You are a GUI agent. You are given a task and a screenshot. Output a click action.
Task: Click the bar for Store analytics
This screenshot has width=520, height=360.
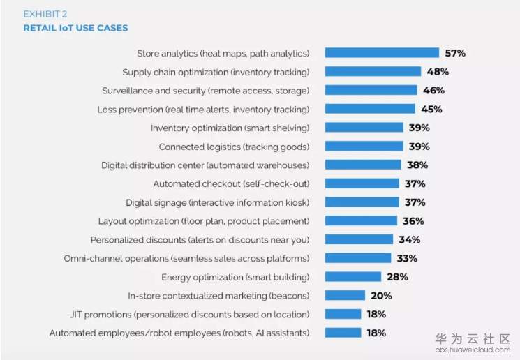coord(382,53)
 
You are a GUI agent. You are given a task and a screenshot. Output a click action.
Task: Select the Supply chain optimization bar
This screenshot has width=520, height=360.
coord(373,72)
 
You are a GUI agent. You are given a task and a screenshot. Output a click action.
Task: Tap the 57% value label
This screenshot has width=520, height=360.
coord(456,53)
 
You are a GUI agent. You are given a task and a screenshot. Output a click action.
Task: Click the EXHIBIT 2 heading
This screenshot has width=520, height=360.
coord(47,14)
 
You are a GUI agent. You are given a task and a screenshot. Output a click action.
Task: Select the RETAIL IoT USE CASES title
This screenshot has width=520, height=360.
coord(75,29)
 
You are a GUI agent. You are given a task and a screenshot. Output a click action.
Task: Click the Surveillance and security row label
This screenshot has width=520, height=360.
coord(205,91)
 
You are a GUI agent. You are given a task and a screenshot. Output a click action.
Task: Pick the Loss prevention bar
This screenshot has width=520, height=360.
coord(370,109)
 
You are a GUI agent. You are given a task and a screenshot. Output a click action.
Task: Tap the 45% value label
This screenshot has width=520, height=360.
coord(432,109)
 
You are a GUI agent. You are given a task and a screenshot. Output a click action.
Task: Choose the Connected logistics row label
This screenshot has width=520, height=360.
coord(234,147)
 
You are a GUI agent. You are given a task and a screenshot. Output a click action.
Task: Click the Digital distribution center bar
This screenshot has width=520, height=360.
coord(363,165)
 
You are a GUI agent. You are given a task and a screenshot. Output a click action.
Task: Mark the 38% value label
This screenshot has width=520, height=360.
coord(417,165)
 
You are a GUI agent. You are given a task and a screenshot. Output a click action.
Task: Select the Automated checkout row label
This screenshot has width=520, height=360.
coord(231,184)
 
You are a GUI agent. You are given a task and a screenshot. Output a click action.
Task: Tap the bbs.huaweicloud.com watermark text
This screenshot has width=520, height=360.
coord(473,350)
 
